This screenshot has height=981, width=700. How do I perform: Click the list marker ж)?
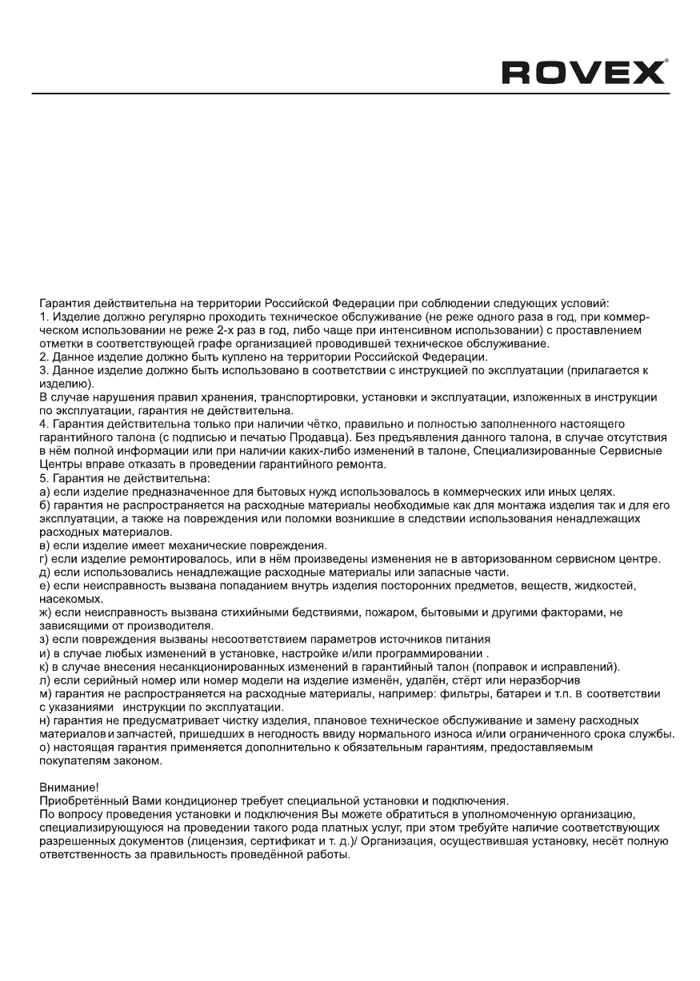46,612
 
